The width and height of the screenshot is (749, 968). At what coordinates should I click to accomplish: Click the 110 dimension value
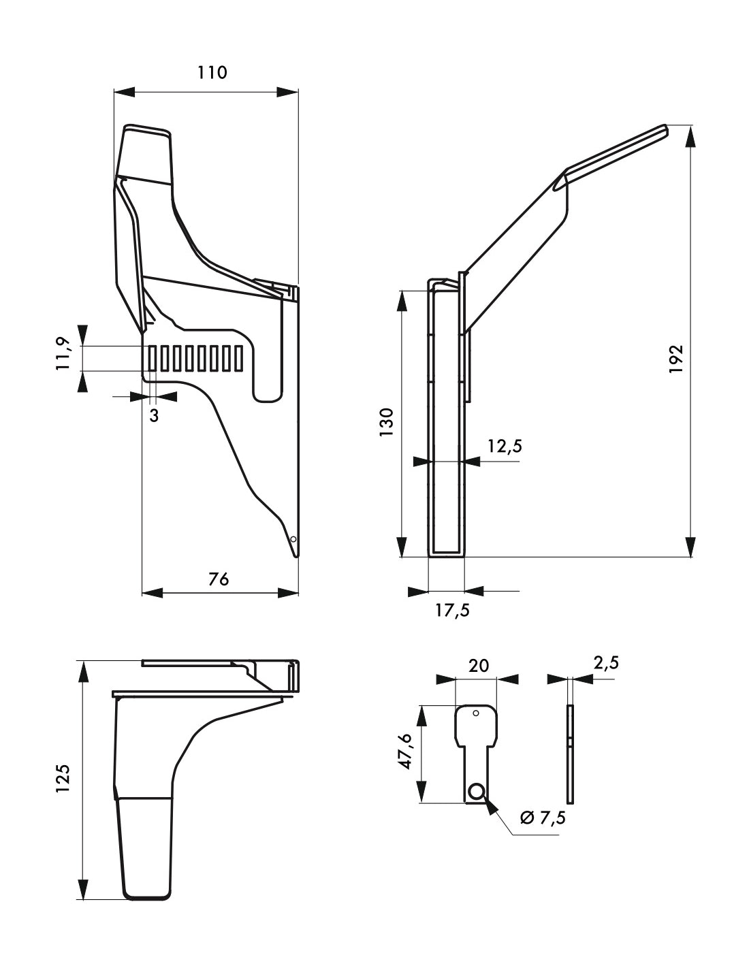tap(212, 72)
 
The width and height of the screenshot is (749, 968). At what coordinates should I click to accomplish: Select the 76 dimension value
tap(219, 579)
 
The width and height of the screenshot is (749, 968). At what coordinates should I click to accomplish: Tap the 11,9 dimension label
tap(65, 353)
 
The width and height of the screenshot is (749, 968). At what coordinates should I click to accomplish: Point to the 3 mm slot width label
tap(154, 415)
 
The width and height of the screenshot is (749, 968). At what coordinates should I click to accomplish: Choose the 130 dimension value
tap(387, 422)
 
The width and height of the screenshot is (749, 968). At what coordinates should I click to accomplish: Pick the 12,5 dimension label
tap(505, 446)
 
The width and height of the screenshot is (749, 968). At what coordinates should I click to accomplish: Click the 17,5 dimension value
tap(452, 610)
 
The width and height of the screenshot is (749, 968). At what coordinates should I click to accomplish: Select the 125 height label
tap(63, 779)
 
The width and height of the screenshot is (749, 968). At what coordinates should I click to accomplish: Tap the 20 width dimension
tap(479, 665)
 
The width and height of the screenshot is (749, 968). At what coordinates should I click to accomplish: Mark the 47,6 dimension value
tap(406, 752)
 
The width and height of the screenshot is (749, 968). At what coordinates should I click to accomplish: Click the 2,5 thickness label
tap(605, 662)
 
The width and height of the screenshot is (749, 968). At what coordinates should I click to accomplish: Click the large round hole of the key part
tap(476, 791)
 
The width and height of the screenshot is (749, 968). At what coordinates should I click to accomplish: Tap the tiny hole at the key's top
tap(477, 713)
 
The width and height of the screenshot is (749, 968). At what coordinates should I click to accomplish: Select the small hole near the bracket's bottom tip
tap(293, 539)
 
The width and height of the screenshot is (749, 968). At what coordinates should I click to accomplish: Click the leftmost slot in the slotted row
tap(153, 359)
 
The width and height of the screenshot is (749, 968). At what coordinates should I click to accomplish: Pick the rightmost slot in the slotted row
tap(238, 359)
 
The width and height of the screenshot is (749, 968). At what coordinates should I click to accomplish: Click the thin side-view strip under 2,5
tap(571, 754)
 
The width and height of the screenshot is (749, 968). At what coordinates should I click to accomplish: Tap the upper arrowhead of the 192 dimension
tap(690, 136)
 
